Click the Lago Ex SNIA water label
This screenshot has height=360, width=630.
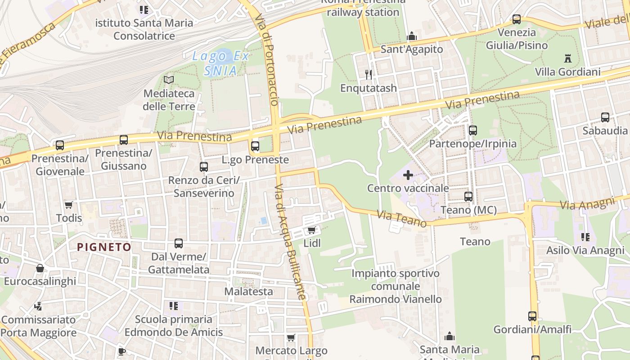[220, 63]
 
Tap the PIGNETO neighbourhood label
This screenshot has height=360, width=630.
[104, 247]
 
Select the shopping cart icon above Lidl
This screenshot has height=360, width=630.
[311, 230]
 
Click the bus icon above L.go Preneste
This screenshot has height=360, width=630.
[255, 146]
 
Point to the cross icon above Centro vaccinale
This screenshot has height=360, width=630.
[408, 175]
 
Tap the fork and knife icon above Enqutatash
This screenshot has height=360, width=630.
[369, 74]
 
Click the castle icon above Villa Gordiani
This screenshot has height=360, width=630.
[567, 58]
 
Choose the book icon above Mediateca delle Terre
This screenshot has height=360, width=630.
[169, 80]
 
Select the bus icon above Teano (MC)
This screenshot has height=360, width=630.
[468, 196]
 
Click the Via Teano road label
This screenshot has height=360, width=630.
[401, 219]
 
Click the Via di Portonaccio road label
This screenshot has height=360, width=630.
[268, 58]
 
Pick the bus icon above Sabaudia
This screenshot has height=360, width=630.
[605, 117]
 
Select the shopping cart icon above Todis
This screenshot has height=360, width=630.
[69, 205]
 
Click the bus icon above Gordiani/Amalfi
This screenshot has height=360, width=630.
[532, 316]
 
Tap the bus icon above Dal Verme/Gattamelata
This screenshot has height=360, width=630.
[179, 243]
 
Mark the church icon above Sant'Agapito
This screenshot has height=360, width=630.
[411, 36]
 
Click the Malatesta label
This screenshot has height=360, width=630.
[248, 292]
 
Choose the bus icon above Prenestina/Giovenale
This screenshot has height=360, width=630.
[60, 145]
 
